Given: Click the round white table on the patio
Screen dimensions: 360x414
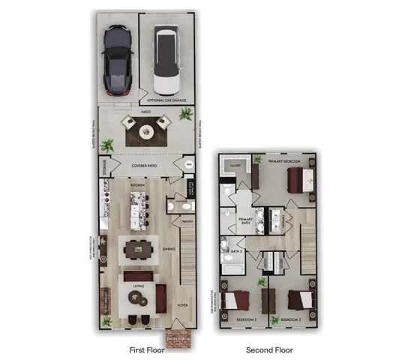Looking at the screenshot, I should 147,132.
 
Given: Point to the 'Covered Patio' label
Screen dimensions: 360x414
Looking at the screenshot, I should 144,165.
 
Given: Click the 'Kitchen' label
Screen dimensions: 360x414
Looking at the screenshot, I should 138,184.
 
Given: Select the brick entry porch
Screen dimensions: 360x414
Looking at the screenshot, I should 178,337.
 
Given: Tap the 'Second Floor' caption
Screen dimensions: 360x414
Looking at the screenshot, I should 270,349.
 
